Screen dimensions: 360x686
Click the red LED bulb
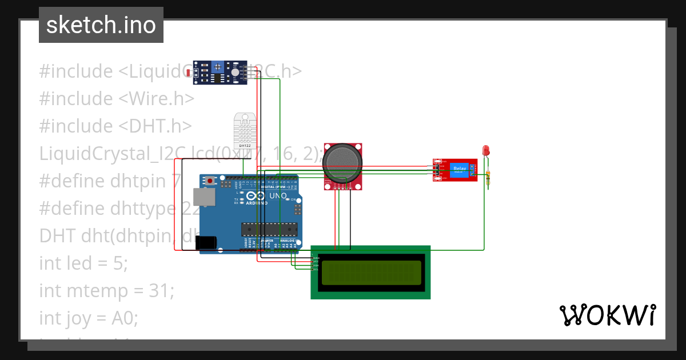486,150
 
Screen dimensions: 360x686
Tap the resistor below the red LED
488,179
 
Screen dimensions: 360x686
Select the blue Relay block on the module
460,169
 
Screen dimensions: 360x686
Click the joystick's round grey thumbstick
342,162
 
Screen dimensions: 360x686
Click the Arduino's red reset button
210,181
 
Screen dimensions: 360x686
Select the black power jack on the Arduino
205,243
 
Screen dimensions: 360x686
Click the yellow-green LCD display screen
371,273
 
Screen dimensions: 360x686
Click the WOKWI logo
607,315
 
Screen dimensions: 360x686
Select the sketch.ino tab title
101,25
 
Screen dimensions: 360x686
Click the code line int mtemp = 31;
106,290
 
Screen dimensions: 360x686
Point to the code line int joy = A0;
89,318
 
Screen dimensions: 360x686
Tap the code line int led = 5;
83,263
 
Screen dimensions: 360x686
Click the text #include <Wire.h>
117,98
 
